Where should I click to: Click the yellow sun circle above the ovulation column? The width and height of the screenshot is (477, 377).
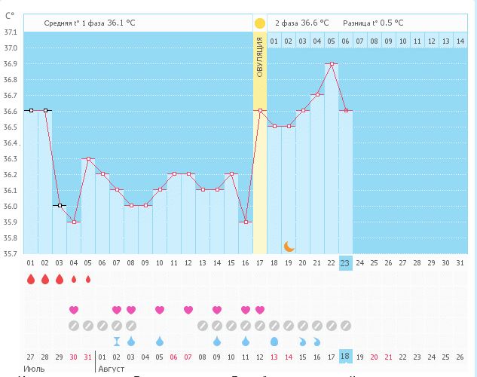point(260,23)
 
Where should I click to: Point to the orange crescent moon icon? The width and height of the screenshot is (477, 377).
point(289,246)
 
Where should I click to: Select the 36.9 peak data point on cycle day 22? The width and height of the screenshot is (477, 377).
point(332,64)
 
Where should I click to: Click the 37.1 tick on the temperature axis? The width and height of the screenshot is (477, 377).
point(11,32)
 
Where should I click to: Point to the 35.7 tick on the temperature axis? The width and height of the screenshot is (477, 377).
point(11,253)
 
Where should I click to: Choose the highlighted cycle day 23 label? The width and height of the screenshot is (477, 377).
point(345,262)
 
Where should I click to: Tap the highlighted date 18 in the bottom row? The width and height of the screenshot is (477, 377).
point(345,357)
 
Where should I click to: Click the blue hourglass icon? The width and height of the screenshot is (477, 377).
point(116,341)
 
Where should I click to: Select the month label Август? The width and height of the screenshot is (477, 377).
point(112,369)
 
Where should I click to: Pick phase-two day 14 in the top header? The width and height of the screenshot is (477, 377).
point(460,41)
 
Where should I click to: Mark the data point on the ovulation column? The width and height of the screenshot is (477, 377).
point(260,110)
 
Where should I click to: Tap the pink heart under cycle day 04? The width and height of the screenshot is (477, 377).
point(74,310)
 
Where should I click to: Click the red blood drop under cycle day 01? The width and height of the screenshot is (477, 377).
point(31,280)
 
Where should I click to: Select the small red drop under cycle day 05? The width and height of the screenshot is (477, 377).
point(88,280)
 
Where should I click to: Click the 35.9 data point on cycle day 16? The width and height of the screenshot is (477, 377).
point(246,222)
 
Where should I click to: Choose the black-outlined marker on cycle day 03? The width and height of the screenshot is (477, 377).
point(60,205)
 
